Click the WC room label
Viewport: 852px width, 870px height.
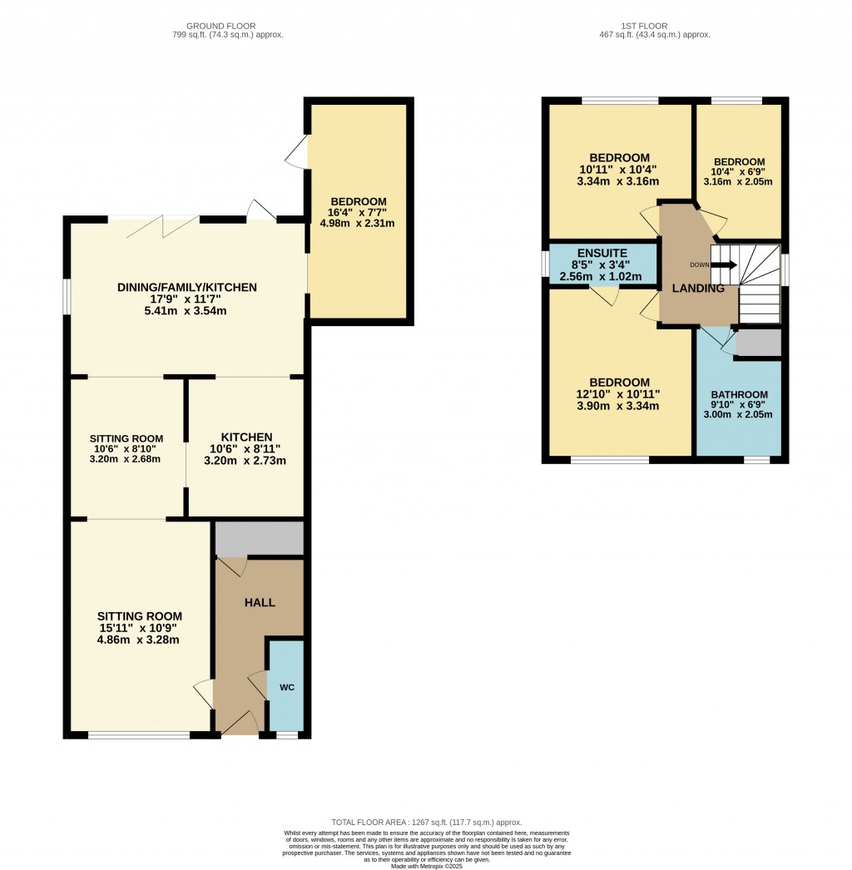click(x=286, y=687)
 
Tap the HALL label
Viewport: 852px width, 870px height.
click(x=260, y=602)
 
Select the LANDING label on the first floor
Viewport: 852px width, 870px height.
click(x=698, y=289)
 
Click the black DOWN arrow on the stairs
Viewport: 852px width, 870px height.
click(x=725, y=265)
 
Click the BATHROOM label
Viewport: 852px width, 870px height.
click(x=739, y=394)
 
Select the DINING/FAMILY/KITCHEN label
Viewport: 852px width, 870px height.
click(x=186, y=287)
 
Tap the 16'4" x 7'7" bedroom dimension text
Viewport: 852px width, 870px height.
click(x=359, y=212)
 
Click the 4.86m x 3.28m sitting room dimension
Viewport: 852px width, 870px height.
click(x=138, y=640)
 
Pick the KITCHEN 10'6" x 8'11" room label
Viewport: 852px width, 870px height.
click(x=246, y=437)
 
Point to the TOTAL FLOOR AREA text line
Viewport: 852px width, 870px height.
click(x=427, y=822)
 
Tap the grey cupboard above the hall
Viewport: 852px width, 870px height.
click(x=260, y=539)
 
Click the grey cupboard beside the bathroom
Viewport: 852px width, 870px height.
click(x=759, y=343)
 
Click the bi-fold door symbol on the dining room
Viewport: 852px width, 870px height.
click(x=165, y=225)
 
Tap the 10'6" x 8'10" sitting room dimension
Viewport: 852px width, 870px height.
click(x=126, y=448)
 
